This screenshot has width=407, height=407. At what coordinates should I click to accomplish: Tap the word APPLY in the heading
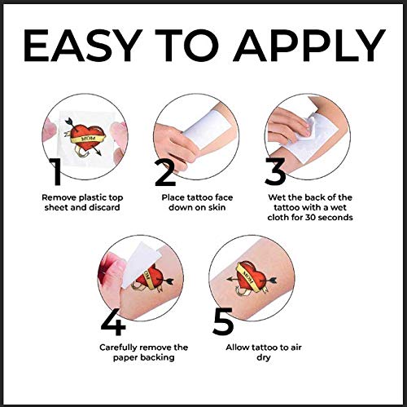(x=309, y=45)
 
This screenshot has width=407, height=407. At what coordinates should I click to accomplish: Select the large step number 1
(x=55, y=171)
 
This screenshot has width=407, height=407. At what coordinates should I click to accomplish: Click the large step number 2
(x=164, y=172)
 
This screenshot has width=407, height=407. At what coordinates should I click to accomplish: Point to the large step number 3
(x=275, y=171)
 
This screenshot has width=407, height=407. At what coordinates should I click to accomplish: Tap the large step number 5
(x=223, y=321)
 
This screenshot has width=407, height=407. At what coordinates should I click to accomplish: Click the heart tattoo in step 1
(x=85, y=138)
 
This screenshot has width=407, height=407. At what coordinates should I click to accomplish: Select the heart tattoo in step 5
(x=252, y=277)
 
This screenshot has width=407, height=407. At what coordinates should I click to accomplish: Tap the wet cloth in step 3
(x=305, y=130)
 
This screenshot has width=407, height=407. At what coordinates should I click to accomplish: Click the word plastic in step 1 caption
(x=91, y=198)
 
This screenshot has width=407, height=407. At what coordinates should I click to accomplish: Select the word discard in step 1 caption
(x=104, y=207)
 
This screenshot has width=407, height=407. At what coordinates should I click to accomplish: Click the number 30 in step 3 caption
(x=310, y=218)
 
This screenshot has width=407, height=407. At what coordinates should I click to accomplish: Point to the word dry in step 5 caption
(x=264, y=358)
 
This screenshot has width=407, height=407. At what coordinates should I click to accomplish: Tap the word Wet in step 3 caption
(x=276, y=197)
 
